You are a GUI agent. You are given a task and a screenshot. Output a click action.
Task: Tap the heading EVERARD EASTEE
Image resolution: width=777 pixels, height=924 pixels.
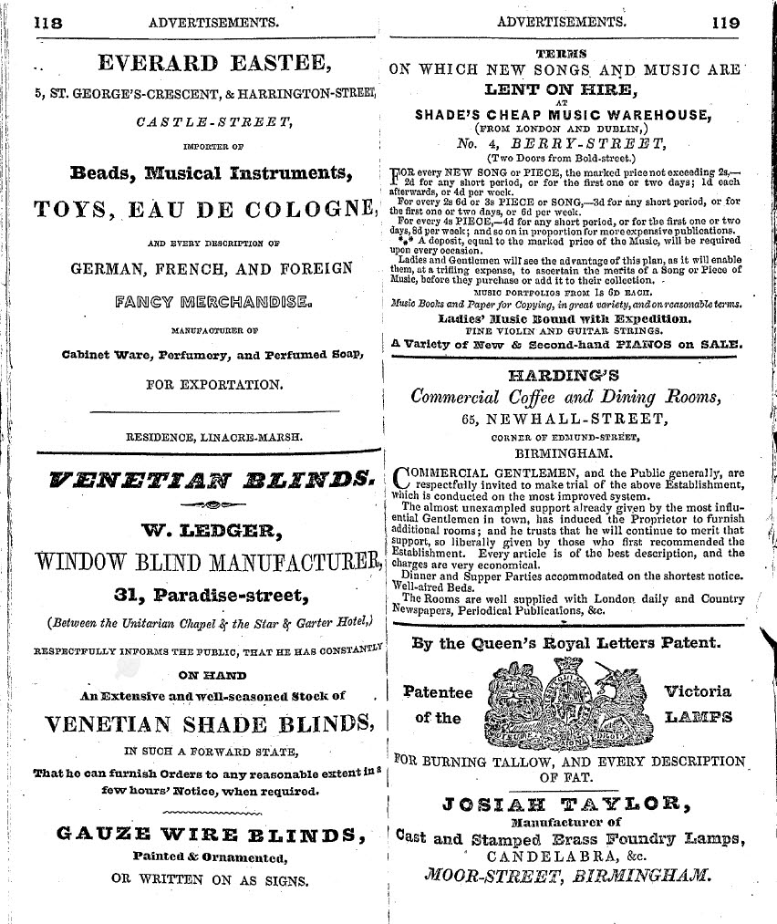point(213,65)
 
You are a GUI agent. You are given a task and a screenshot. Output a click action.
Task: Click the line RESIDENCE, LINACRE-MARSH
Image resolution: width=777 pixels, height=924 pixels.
point(213,437)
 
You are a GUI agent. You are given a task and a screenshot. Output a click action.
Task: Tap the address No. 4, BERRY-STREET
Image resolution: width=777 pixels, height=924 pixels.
point(562,142)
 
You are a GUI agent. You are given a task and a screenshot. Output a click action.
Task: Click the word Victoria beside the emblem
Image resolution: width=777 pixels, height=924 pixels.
point(698,691)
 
